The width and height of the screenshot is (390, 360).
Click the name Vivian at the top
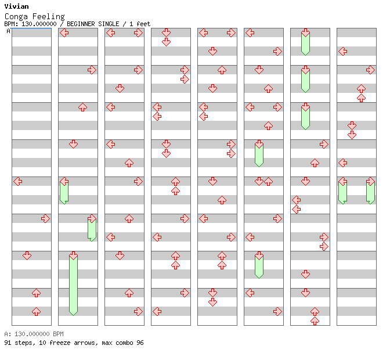[16, 6]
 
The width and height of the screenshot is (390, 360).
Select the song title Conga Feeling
[34, 16]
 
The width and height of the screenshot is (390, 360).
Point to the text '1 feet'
[139, 24]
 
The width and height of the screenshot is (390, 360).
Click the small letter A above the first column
[8, 31]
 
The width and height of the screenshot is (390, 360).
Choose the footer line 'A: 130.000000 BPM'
[34, 334]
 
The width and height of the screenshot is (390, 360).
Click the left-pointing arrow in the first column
[18, 181]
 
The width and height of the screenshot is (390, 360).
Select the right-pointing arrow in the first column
[45, 218]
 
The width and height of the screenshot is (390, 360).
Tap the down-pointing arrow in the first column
[27, 255]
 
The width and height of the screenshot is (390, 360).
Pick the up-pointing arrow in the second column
[82, 107]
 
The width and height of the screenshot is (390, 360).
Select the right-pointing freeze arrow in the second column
[92, 228]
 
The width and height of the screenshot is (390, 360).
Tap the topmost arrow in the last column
[342, 51]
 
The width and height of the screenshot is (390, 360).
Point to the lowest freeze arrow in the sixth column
[259, 265]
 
